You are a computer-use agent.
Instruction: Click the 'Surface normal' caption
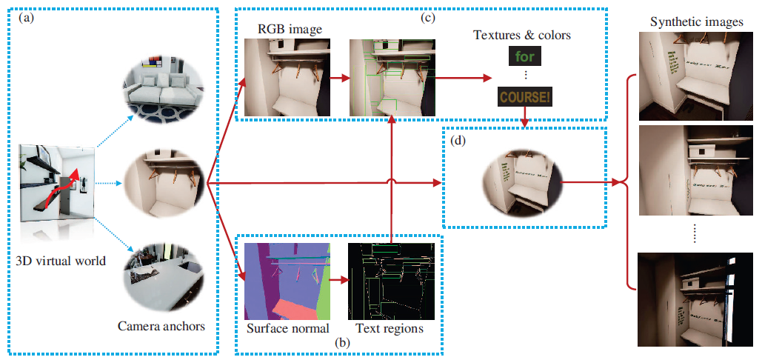coord(284,328)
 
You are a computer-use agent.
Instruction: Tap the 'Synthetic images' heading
coord(696,22)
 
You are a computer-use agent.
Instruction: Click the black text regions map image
coord(390,280)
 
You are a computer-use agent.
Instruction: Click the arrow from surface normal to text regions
coord(338,281)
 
